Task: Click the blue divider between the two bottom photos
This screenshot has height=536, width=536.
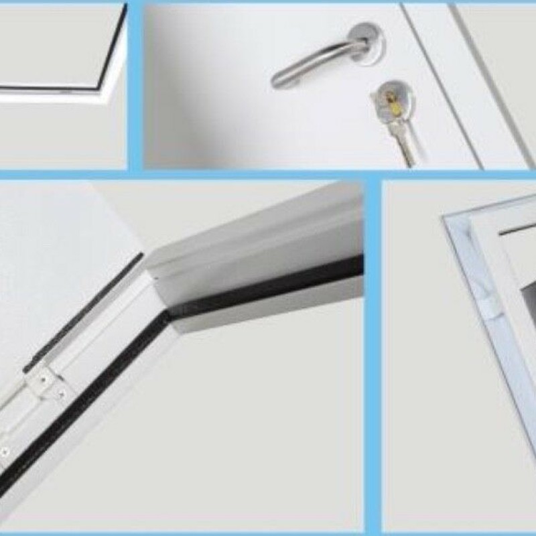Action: [373, 355]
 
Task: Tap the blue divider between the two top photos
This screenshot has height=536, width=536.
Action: [135, 87]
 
